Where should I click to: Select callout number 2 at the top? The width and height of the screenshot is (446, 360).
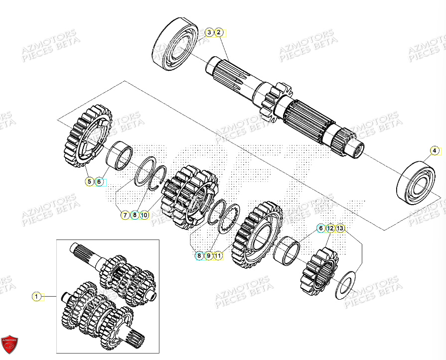pyautogui.click(x=218, y=32)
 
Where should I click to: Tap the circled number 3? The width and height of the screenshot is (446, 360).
pyautogui.click(x=209, y=32)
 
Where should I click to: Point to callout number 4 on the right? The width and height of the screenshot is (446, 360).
pyautogui.click(x=434, y=150)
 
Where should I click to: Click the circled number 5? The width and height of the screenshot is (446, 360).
pyautogui.click(x=89, y=182)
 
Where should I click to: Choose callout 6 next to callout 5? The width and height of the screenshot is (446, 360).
pyautogui.click(x=99, y=182)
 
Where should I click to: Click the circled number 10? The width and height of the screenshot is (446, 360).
pyautogui.click(x=144, y=215)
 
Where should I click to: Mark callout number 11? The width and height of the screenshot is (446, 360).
pyautogui.click(x=218, y=255)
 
